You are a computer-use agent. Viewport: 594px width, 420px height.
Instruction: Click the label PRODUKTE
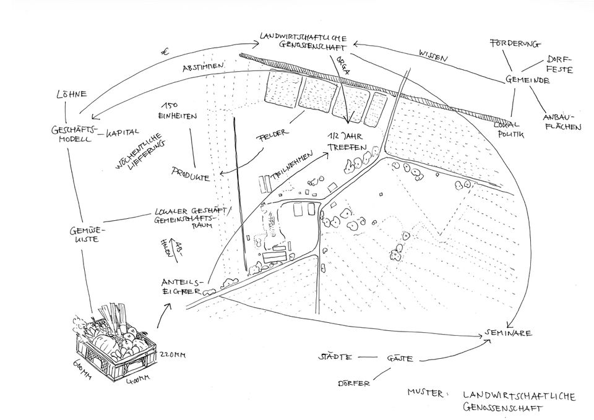pyautogui.click(x=191, y=174)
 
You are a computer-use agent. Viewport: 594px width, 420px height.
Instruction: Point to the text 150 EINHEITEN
pyautogui.click(x=178, y=111)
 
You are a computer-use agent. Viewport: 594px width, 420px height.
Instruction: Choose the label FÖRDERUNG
pyautogui.click(x=514, y=44)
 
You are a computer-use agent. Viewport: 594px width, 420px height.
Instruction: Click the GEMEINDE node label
pyautogui.click(x=528, y=80)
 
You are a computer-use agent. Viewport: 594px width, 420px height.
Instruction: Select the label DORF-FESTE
pyautogui.click(x=559, y=65)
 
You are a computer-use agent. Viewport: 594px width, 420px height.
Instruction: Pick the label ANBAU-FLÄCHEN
pyautogui.click(x=562, y=121)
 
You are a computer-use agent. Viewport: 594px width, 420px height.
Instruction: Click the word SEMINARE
pyautogui.click(x=509, y=333)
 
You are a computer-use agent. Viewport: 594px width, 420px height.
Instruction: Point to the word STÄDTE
pyautogui.click(x=335, y=358)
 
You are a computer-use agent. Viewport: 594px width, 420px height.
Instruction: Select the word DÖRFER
pyautogui.click(x=354, y=384)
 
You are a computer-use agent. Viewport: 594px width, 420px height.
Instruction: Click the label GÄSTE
pyautogui.click(x=400, y=359)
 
